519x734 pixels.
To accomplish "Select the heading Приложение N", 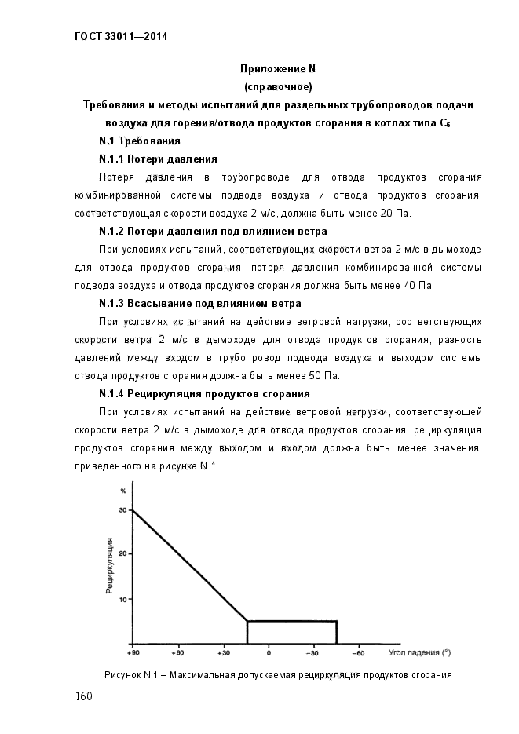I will pyautogui.click(x=278, y=68).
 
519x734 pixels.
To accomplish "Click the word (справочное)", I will pyautogui.click(x=278, y=86).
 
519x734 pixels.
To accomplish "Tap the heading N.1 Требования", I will pyautogui.click(x=140, y=141).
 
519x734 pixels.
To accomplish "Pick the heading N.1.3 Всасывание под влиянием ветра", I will pyautogui.click(x=199, y=303).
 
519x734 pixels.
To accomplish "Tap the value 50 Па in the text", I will pyautogui.click(x=323, y=375).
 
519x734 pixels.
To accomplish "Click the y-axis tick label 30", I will pyautogui.click(x=122, y=510).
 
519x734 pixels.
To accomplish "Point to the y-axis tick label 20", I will pyautogui.click(x=122, y=555).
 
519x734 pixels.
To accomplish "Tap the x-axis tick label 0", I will pyautogui.click(x=268, y=653).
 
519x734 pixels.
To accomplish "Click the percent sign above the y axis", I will pyautogui.click(x=123, y=491).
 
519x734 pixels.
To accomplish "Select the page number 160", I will pyautogui.click(x=85, y=697).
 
